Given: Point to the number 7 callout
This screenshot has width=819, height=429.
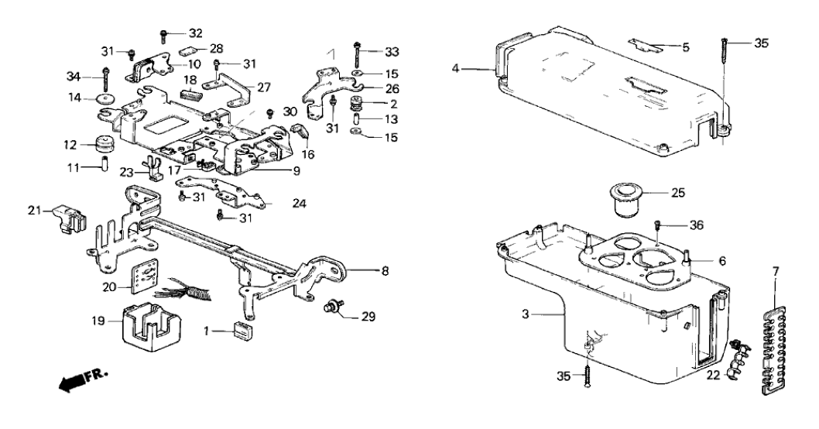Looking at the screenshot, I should point(776,271).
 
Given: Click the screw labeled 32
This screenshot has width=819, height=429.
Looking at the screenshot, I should point(164,33).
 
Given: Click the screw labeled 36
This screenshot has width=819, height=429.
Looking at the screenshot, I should point(657,225).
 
